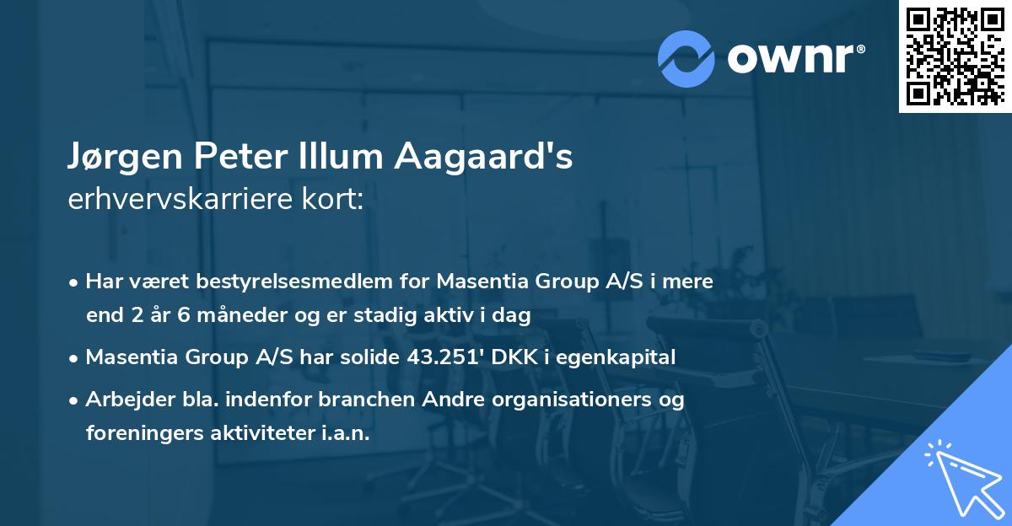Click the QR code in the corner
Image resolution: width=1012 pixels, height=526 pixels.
pyautogui.click(x=955, y=56)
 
